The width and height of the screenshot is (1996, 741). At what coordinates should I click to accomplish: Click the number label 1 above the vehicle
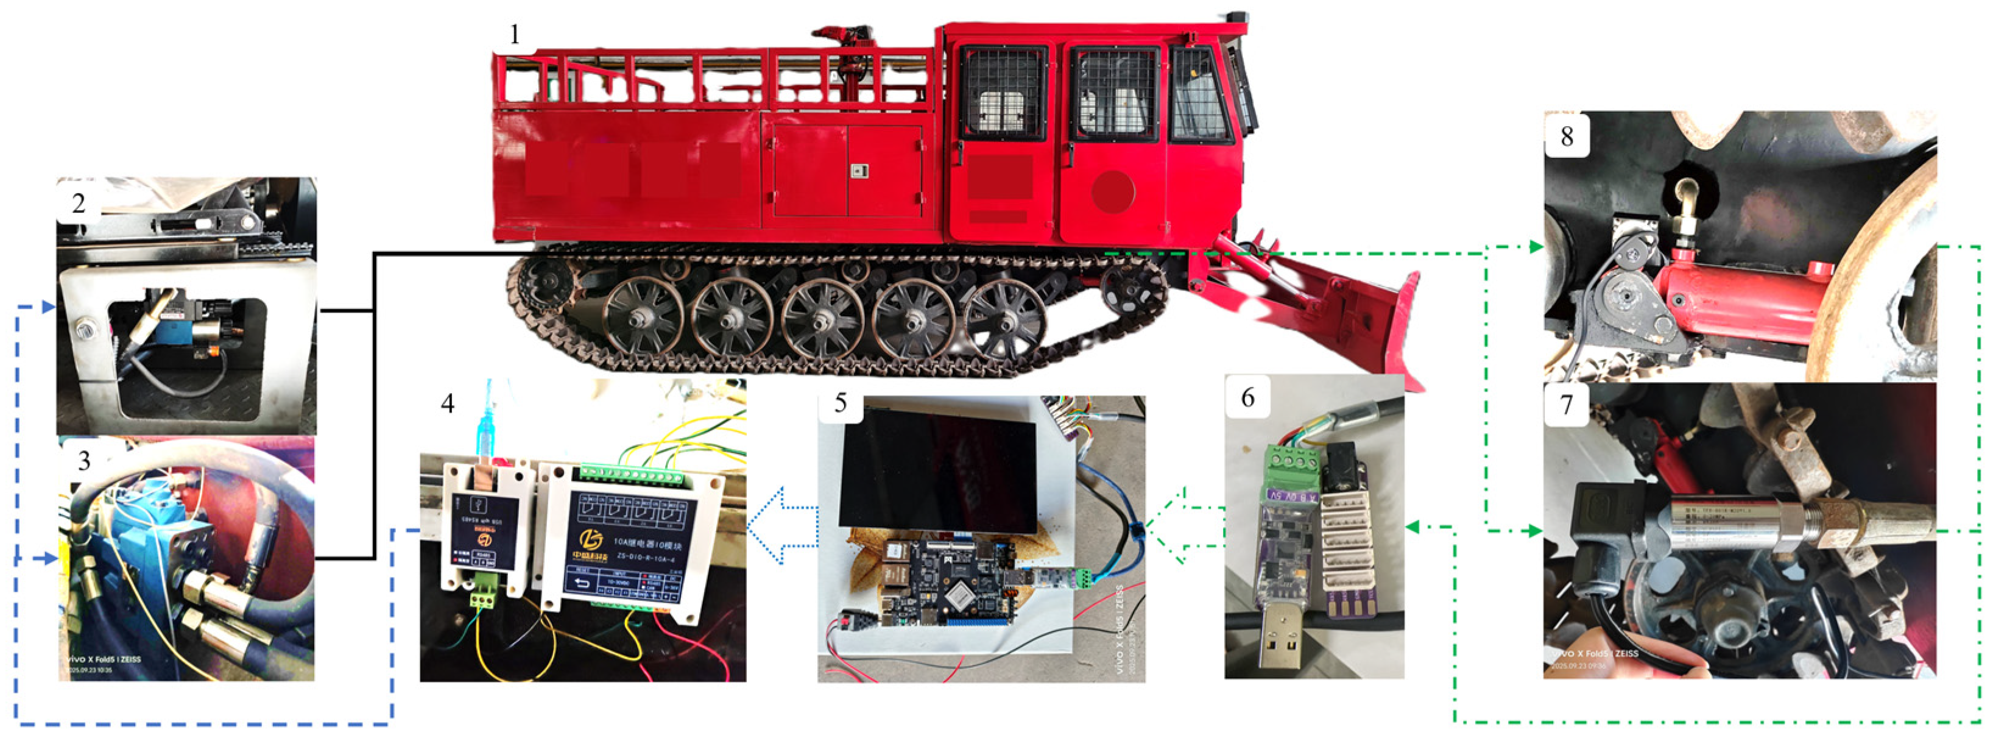coord(515,35)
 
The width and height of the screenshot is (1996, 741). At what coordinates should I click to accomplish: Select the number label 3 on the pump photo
coord(83,461)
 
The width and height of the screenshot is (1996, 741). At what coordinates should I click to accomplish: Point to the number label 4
coord(447,403)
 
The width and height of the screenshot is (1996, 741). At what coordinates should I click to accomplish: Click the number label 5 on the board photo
coord(840,403)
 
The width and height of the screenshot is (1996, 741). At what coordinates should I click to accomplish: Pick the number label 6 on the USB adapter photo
coord(1247,398)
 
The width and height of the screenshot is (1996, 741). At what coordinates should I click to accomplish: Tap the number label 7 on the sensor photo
coord(1566,405)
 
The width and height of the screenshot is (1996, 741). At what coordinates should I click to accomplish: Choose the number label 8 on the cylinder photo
coord(1566,136)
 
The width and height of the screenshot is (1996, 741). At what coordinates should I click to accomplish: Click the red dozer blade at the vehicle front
coord(1395,325)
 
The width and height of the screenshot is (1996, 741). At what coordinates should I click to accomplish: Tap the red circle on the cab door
coord(1113,191)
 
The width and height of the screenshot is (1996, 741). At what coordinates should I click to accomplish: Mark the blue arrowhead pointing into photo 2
coord(49,308)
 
